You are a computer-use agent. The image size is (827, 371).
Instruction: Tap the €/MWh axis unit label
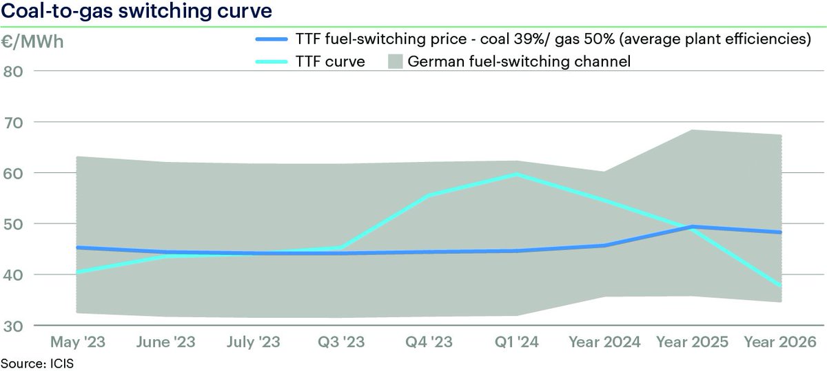(x=32, y=41)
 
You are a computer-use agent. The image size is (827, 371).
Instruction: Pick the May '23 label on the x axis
(x=75, y=342)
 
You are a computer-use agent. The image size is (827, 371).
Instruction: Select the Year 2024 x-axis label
(x=604, y=342)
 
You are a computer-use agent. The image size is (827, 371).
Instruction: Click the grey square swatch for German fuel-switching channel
(x=395, y=62)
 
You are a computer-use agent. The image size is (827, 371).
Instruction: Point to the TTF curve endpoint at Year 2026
(x=781, y=285)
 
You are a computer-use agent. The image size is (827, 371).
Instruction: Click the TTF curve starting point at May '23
(x=75, y=272)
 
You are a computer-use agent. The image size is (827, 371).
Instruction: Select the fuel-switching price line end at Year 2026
(x=781, y=232)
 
